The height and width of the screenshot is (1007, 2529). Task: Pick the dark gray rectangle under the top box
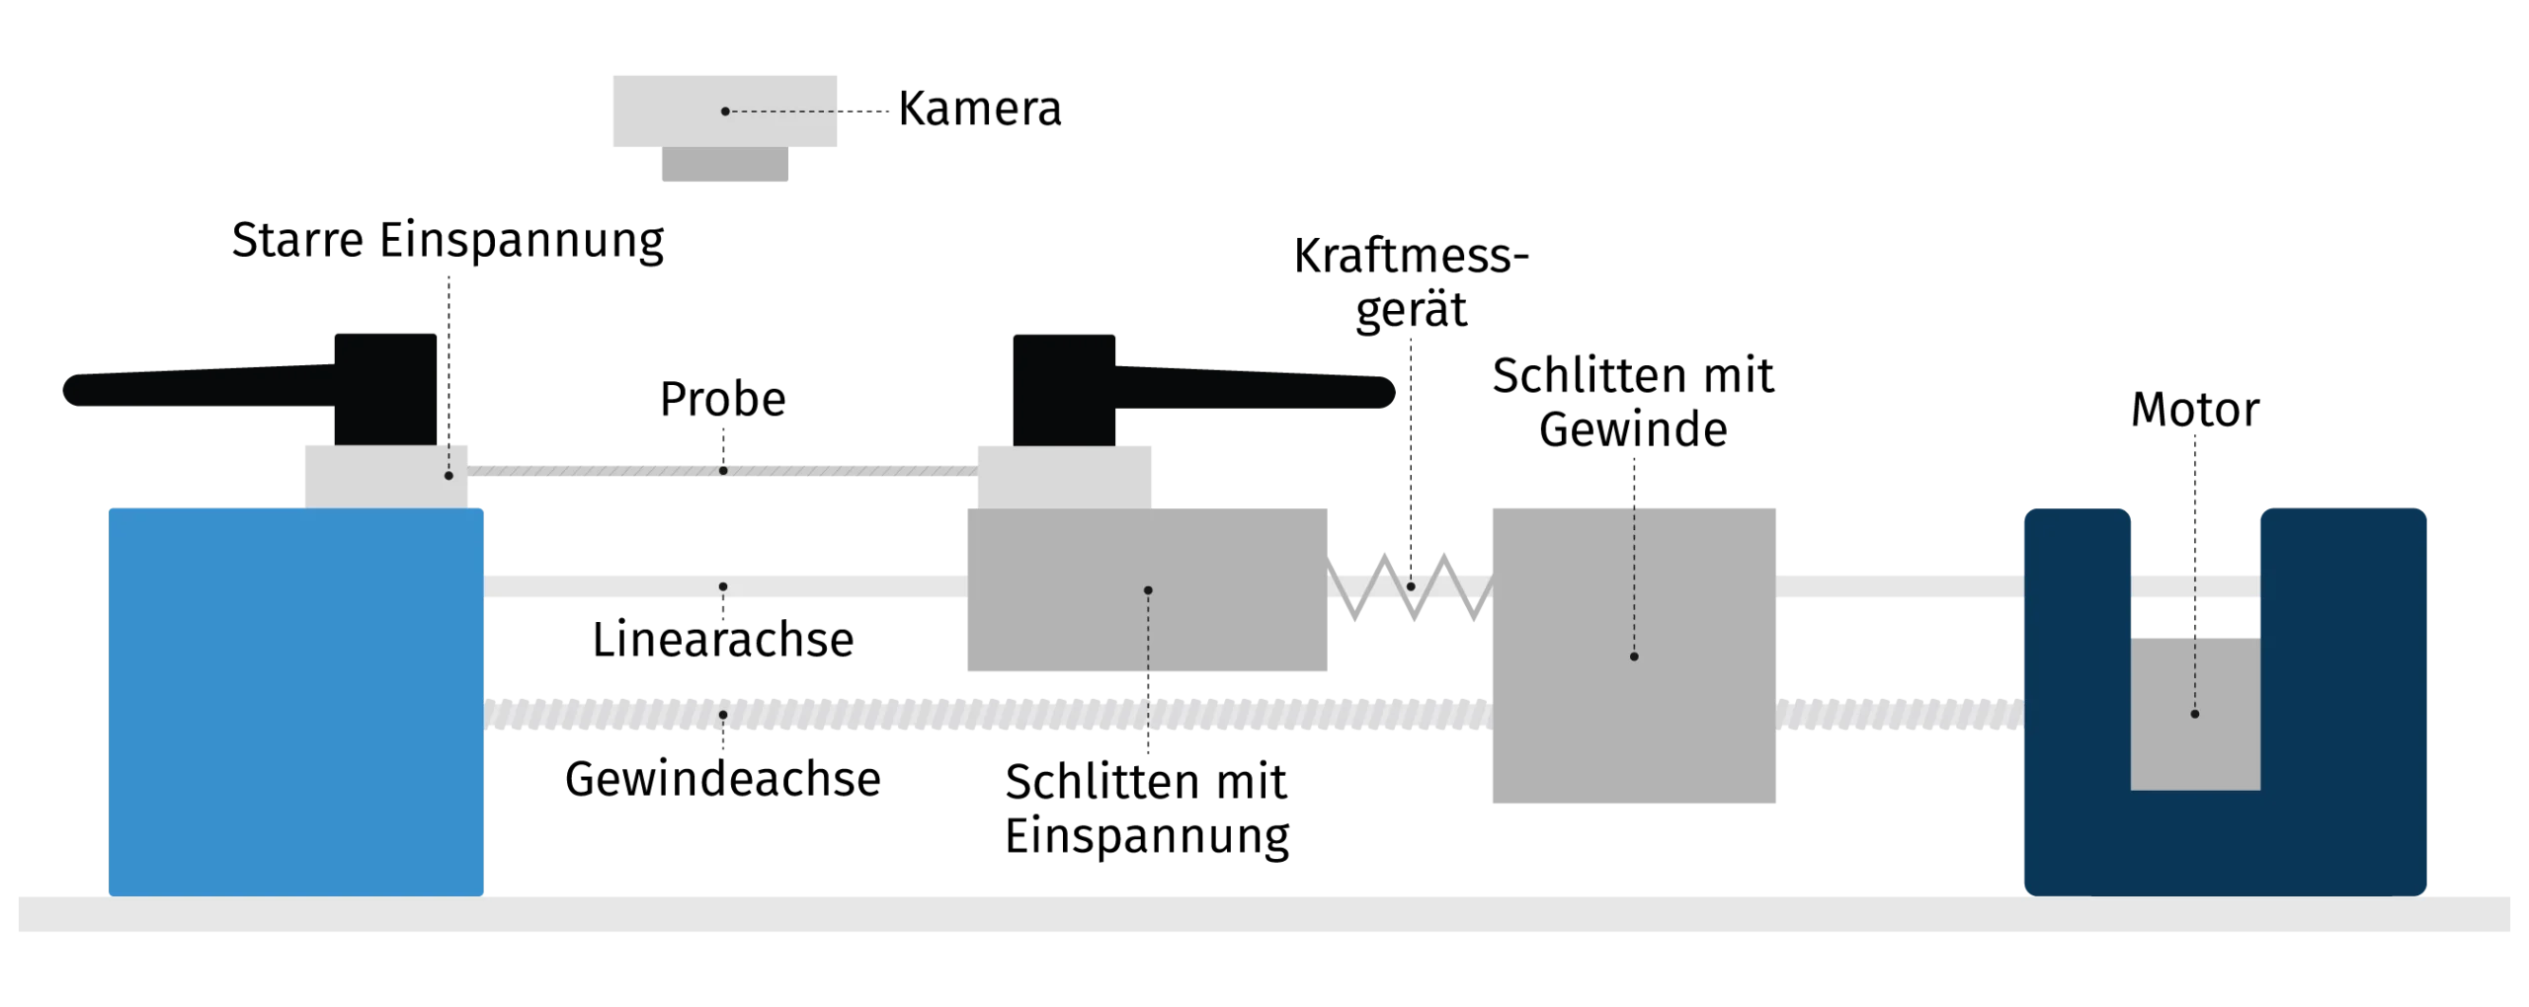pos(723,169)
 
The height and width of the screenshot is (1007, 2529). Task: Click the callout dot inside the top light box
pos(725,112)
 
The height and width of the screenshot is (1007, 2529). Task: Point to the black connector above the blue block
pos(386,388)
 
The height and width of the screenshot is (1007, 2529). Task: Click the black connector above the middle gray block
pos(1066,388)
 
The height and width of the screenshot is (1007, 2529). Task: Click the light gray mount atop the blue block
pos(385,476)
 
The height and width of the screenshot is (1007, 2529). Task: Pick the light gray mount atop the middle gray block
pos(1062,476)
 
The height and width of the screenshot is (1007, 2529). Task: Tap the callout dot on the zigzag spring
pos(1411,586)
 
